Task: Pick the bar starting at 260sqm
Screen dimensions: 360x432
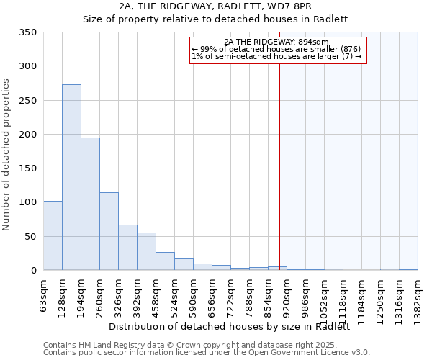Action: click(109, 231)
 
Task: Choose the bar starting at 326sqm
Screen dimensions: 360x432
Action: click(127, 248)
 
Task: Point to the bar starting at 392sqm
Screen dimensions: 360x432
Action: click(146, 251)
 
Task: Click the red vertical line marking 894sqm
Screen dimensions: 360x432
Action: click(279, 158)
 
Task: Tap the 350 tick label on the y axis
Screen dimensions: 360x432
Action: click(28, 32)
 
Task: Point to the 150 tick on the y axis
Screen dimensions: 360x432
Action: click(28, 168)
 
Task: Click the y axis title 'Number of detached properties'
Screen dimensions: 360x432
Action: click(7, 155)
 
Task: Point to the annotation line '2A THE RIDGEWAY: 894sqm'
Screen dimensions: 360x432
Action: click(276, 42)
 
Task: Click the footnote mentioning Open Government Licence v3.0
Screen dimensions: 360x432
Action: click(207, 352)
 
